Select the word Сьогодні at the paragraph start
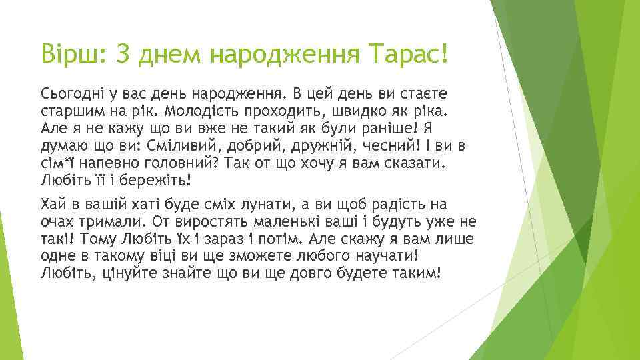pos(71,92)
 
